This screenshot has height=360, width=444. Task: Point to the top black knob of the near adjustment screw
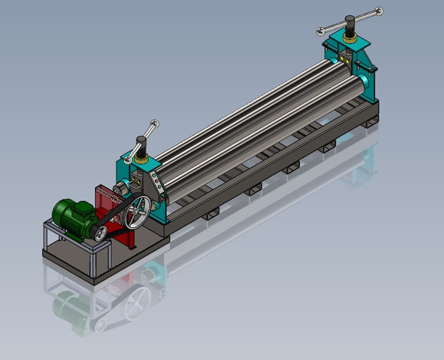coord(142,142)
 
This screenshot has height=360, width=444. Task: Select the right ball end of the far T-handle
coord(378,10)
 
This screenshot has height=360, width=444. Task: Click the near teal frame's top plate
coord(143,163)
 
